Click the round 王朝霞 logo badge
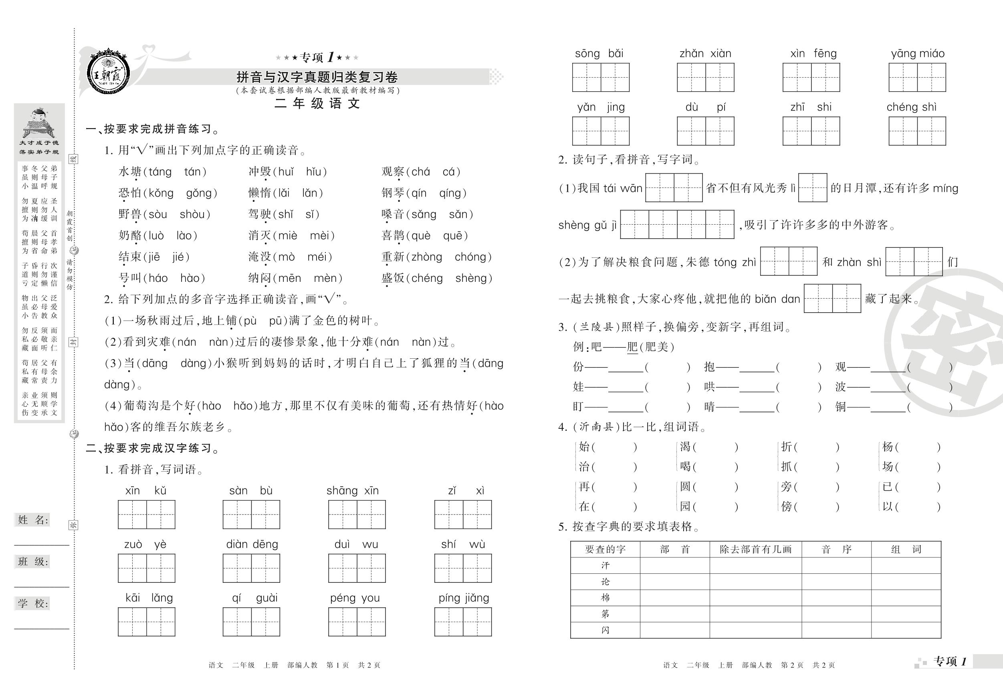coord(108,72)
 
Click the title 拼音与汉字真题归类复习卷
coord(317,77)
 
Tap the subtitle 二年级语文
coord(317,103)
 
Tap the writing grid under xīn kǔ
coord(146,514)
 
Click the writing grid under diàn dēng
coord(251,568)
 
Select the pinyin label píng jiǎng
coord(464,598)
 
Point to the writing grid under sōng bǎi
coord(601,77)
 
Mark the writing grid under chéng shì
coord(917,131)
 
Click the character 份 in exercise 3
coord(578,367)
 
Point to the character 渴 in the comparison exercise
coord(685,447)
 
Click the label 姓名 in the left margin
coord(33,520)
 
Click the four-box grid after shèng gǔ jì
coord(677,224)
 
